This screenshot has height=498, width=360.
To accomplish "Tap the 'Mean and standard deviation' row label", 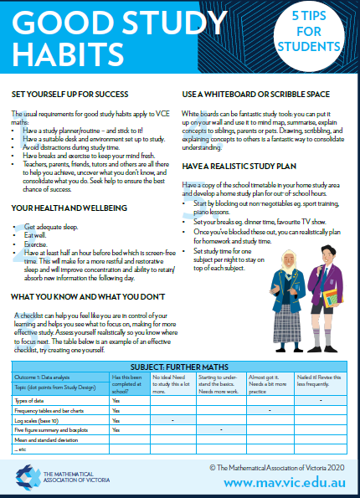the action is (x=47, y=439).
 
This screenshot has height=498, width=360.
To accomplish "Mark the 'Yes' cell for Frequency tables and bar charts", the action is (x=116, y=410).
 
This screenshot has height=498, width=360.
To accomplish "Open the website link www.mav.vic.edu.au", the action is (x=284, y=483).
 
